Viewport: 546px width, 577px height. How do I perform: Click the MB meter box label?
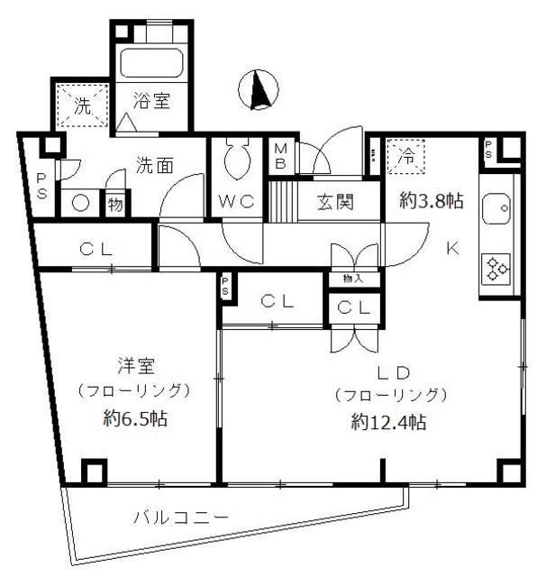click(x=280, y=155)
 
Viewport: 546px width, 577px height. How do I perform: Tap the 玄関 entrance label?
click(x=333, y=201)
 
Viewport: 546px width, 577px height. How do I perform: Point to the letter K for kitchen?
click(x=452, y=249)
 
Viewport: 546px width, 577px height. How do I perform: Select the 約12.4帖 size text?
click(x=389, y=422)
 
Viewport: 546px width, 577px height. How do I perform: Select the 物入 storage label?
click(x=353, y=279)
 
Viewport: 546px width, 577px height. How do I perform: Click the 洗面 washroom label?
click(x=153, y=166)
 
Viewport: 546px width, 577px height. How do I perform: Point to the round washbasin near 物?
click(x=80, y=203)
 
